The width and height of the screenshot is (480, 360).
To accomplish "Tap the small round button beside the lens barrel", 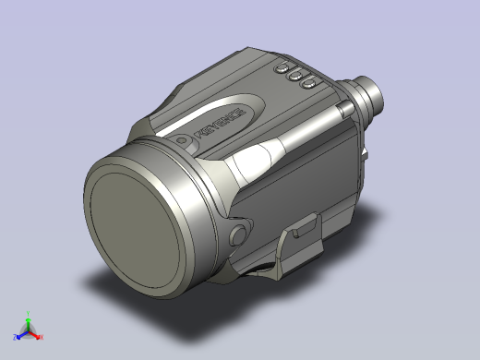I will point(239,234).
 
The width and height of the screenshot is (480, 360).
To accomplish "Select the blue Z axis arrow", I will point(21,331).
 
